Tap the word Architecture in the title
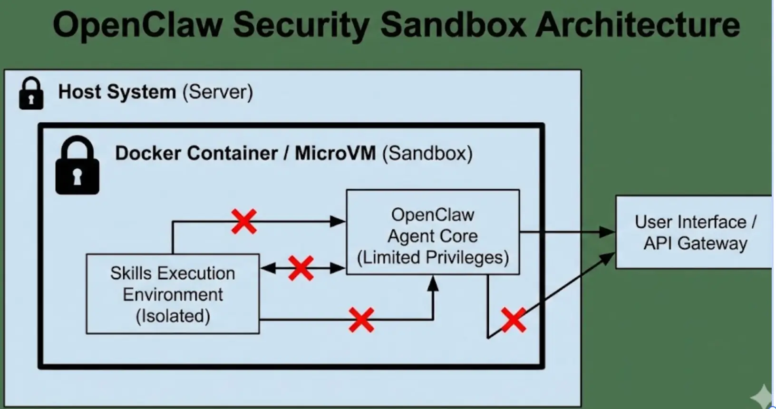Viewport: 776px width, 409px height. (638, 25)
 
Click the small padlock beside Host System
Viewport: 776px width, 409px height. (31, 94)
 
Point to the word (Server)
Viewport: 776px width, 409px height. (218, 92)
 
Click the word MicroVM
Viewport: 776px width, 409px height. (335, 153)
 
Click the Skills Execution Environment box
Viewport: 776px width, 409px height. (173, 293)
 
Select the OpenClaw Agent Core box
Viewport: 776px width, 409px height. (433, 232)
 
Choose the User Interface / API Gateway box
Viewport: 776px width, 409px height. (694, 232)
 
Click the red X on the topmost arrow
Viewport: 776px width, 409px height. (244, 221)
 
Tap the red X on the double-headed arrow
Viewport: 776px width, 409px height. (301, 268)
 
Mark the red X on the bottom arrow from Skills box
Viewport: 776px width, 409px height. (361, 320)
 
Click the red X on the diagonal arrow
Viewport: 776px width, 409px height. (514, 320)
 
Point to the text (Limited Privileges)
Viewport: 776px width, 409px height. (433, 257)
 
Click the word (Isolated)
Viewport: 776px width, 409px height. (173, 316)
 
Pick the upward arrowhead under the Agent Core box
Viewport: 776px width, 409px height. (433, 283)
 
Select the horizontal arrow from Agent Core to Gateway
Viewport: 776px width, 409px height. (566, 232)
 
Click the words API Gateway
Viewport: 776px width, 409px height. (695, 243)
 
